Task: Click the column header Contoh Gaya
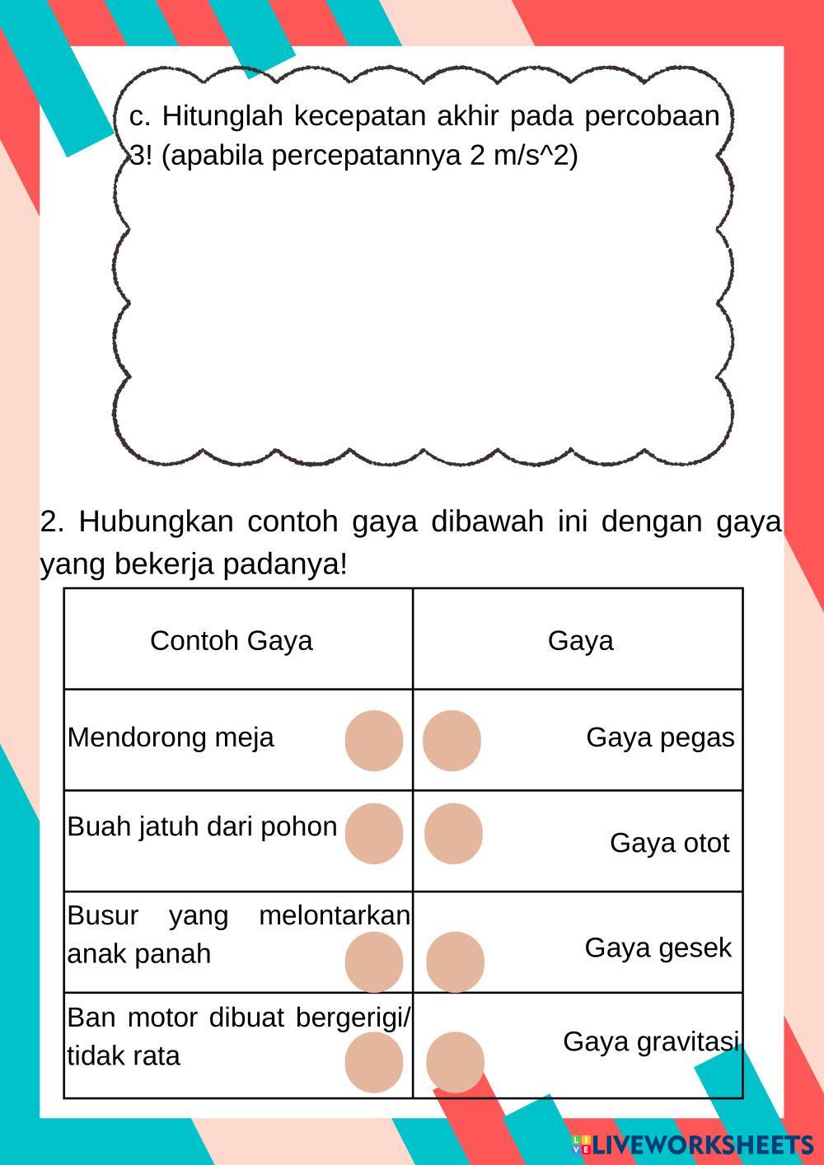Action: point(231,641)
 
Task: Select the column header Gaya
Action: point(580,641)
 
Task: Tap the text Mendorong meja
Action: point(171,737)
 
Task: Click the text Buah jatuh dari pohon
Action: point(202,826)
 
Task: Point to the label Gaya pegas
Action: point(660,737)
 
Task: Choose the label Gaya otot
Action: point(669,843)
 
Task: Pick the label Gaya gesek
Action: point(658,948)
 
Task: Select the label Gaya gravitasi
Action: point(651,1042)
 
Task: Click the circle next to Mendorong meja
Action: point(374,741)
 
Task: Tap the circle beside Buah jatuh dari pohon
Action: point(374,833)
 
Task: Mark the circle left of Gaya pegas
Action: point(452,741)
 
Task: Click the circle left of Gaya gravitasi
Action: point(455,1062)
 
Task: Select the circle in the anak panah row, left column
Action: point(374,962)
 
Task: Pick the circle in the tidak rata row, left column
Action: point(374,1062)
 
